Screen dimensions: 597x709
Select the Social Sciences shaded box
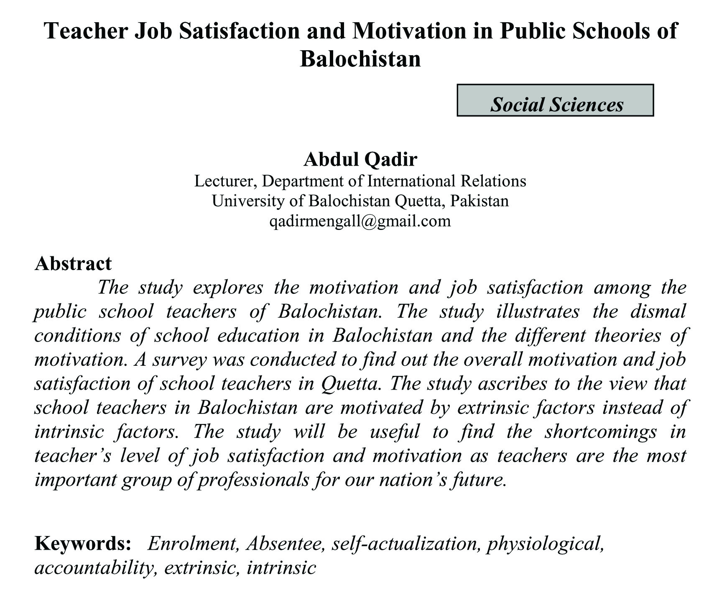click(555, 100)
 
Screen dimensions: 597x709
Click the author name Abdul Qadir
click(360, 159)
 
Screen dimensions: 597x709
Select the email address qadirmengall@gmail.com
click(360, 221)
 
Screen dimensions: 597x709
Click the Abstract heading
click(74, 263)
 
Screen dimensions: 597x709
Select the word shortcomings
click(600, 431)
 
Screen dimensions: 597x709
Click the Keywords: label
click(83, 543)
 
